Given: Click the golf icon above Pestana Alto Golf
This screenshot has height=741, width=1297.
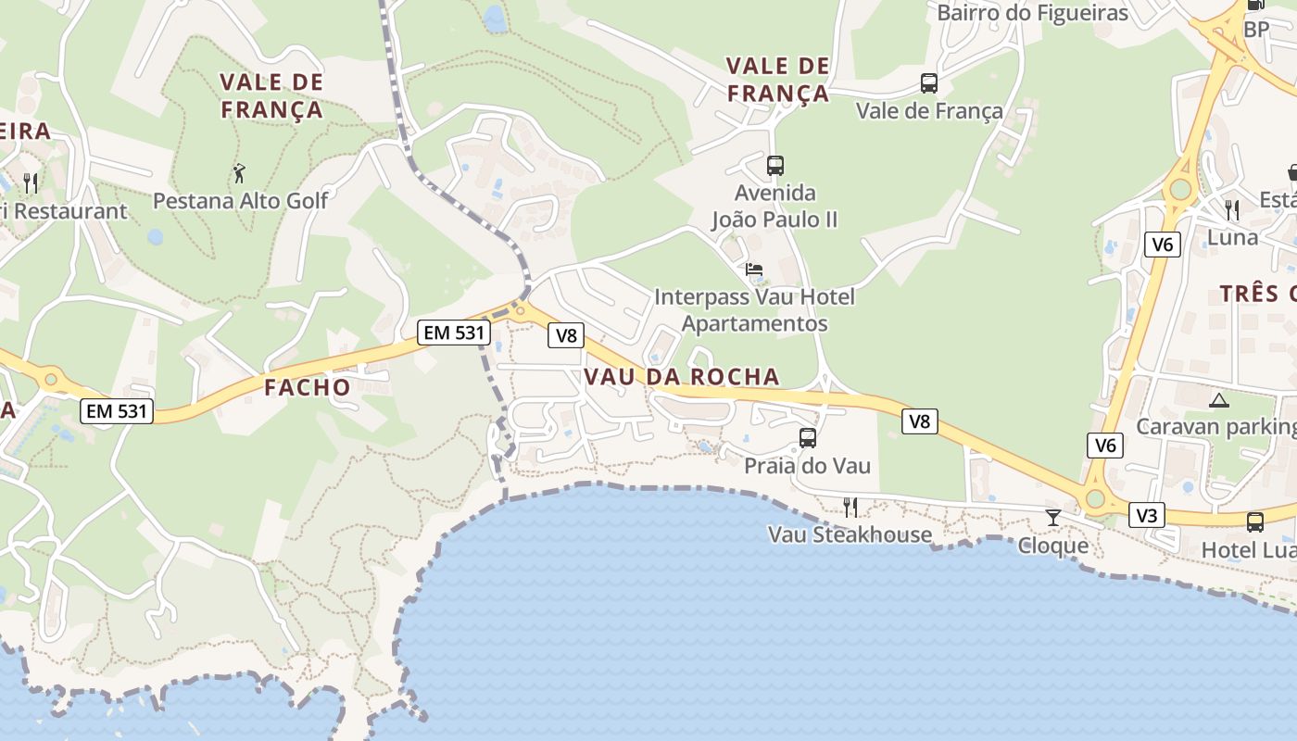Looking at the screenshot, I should click(239, 172).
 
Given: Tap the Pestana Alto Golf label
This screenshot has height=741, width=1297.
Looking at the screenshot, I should click(240, 200).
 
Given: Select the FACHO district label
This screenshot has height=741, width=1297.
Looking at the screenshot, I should click(308, 387).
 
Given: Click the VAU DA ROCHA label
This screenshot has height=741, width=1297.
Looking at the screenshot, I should click(681, 377).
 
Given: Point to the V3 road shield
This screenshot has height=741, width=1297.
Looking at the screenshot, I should click(1147, 515).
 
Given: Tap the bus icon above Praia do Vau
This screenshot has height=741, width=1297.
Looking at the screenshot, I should click(808, 438).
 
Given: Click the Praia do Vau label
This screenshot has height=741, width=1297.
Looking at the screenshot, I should click(808, 465).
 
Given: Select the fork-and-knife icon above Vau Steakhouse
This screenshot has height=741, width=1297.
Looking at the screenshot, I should click(850, 507).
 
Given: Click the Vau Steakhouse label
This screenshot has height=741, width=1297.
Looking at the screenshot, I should click(850, 534).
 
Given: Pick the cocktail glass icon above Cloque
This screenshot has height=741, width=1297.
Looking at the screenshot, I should click(1053, 517).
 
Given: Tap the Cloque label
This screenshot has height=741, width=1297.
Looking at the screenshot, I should click(1053, 546).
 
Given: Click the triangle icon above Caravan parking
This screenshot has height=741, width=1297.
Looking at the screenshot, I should click(1218, 400).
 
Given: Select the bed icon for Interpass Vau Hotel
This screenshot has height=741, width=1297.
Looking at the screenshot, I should click(754, 270).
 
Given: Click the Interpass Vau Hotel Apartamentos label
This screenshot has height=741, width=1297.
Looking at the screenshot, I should click(754, 310).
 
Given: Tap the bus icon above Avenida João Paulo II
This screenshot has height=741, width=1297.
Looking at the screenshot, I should click(775, 166).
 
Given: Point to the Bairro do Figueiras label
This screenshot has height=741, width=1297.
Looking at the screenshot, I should click(1032, 13).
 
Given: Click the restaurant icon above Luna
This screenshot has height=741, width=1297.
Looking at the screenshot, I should click(1231, 210).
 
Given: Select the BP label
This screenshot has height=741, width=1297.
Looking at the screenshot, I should click(1256, 30).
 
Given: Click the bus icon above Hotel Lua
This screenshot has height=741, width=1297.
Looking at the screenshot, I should click(1255, 522).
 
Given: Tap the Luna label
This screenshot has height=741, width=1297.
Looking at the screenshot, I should click(1232, 237).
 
